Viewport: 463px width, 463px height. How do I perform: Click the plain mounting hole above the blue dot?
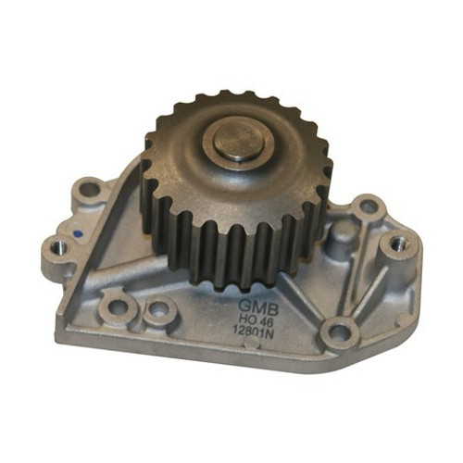89,190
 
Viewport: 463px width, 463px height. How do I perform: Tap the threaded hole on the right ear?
398,244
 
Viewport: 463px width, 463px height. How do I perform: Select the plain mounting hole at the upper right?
368,206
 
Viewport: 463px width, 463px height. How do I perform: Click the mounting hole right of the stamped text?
341,330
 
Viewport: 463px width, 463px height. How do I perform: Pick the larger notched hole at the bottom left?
118,302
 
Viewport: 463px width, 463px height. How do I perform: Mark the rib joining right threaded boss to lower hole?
370,287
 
